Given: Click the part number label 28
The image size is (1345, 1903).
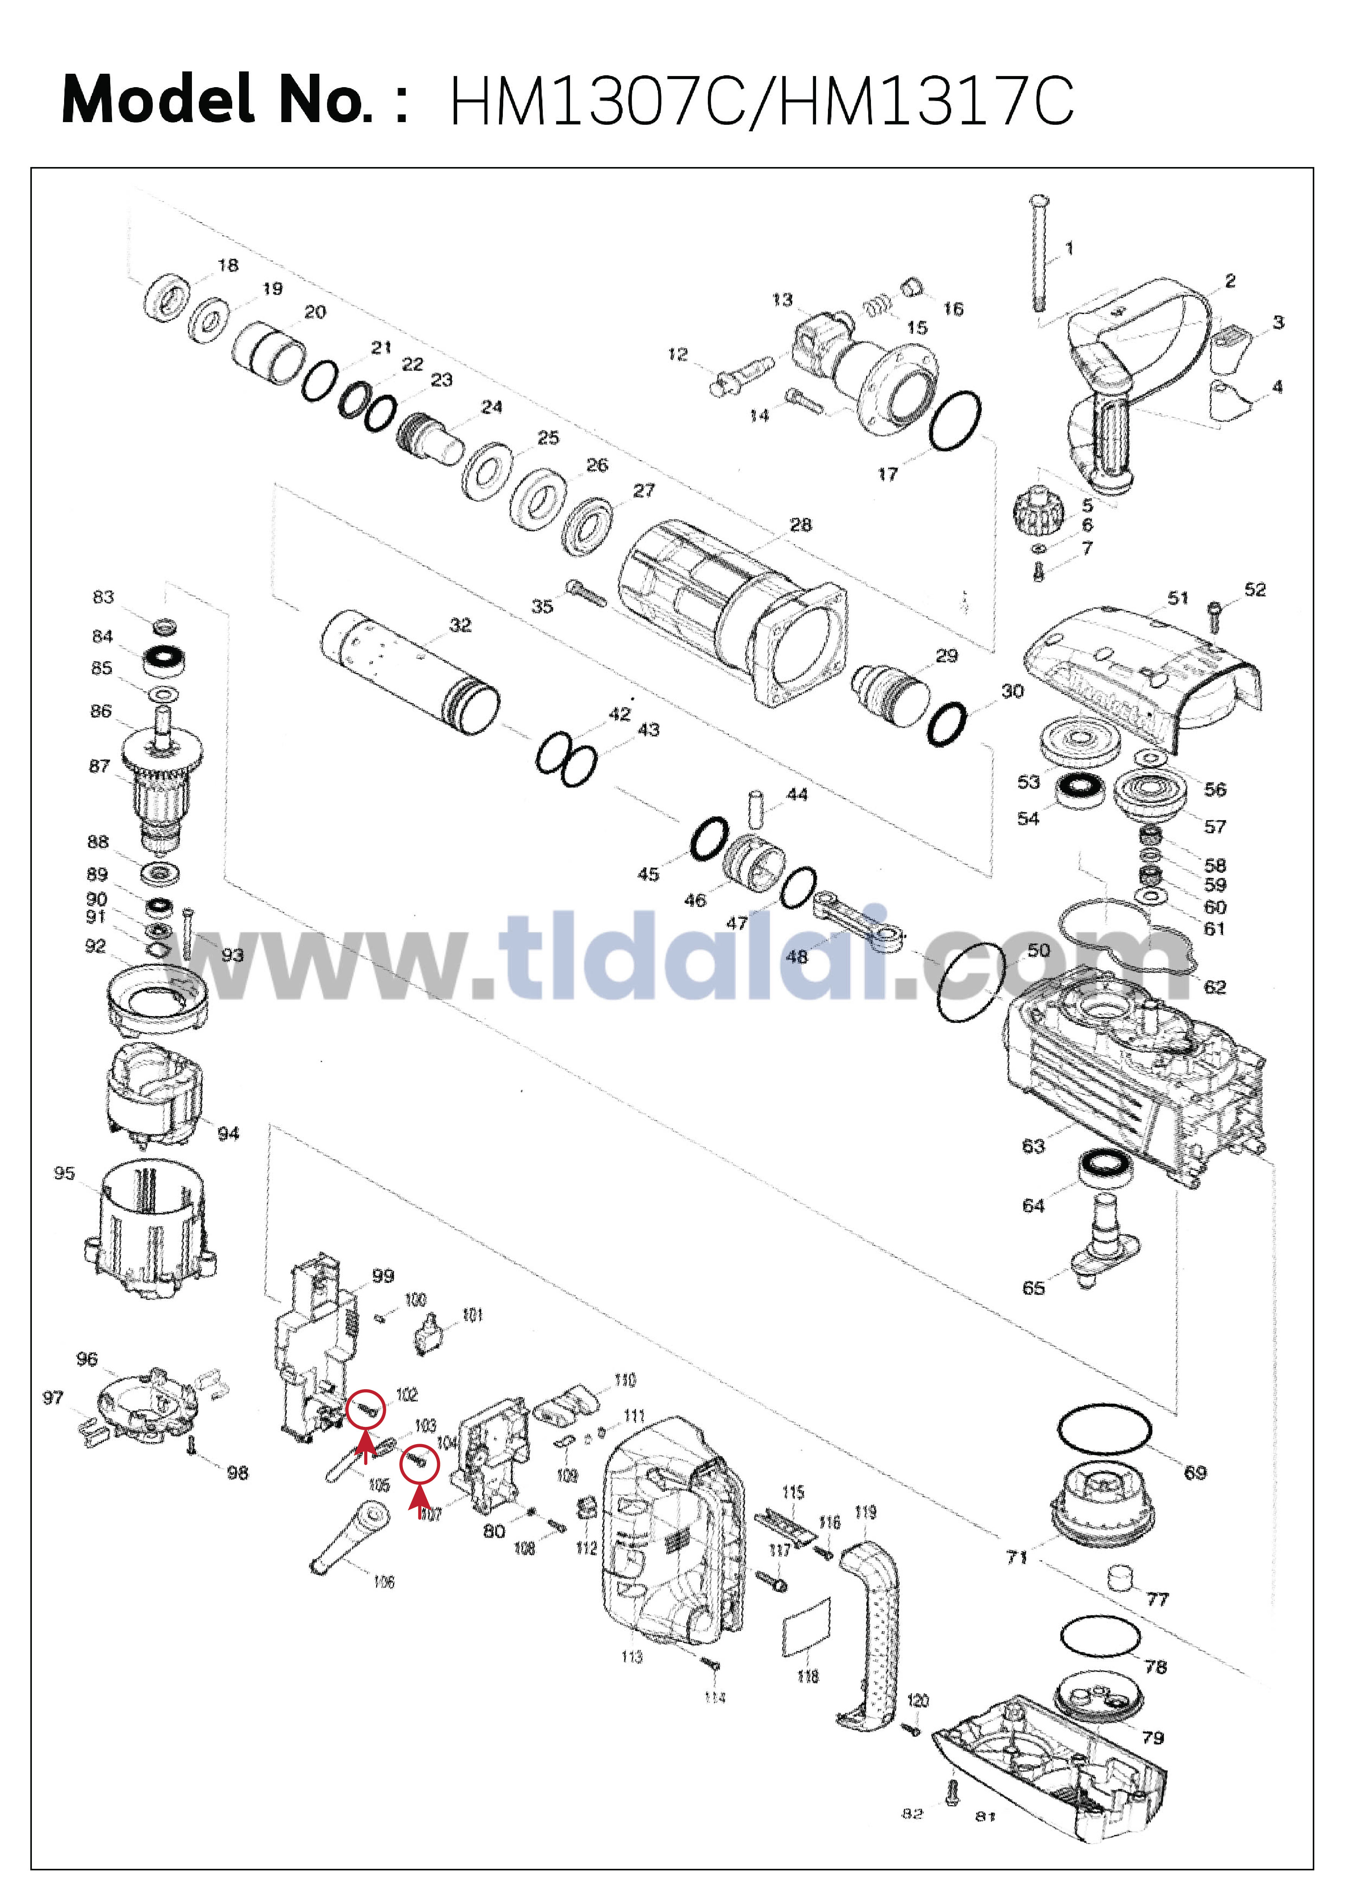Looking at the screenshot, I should coord(801,525).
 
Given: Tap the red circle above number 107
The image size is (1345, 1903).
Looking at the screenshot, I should coord(419,1464).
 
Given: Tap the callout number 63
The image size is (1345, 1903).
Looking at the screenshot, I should coord(1033,1145).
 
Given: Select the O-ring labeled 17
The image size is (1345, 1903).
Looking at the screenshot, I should coord(955,421).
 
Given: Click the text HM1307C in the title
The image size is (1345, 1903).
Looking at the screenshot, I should coord(596,101).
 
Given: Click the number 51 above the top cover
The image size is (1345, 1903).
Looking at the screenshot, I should coord(1178,597).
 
